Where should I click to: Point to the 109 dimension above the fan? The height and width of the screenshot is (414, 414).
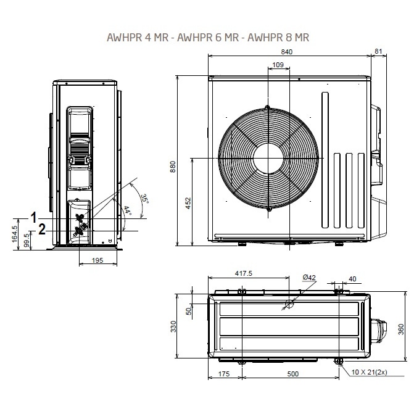pyautogui.click(x=277, y=65)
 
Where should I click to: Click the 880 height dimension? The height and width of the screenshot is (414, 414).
pyautogui.click(x=173, y=167)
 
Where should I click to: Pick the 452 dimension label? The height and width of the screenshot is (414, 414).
pyautogui.click(x=188, y=203)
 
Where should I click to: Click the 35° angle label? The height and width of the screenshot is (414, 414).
pyautogui.click(x=145, y=199)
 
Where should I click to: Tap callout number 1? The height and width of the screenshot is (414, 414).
pyautogui.click(x=35, y=217)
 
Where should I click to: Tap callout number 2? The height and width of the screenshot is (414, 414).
pyautogui.click(x=42, y=230)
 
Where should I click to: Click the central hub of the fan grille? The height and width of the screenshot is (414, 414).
pyautogui.click(x=269, y=159)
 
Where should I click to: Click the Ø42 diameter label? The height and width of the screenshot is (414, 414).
pyautogui.click(x=309, y=278)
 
